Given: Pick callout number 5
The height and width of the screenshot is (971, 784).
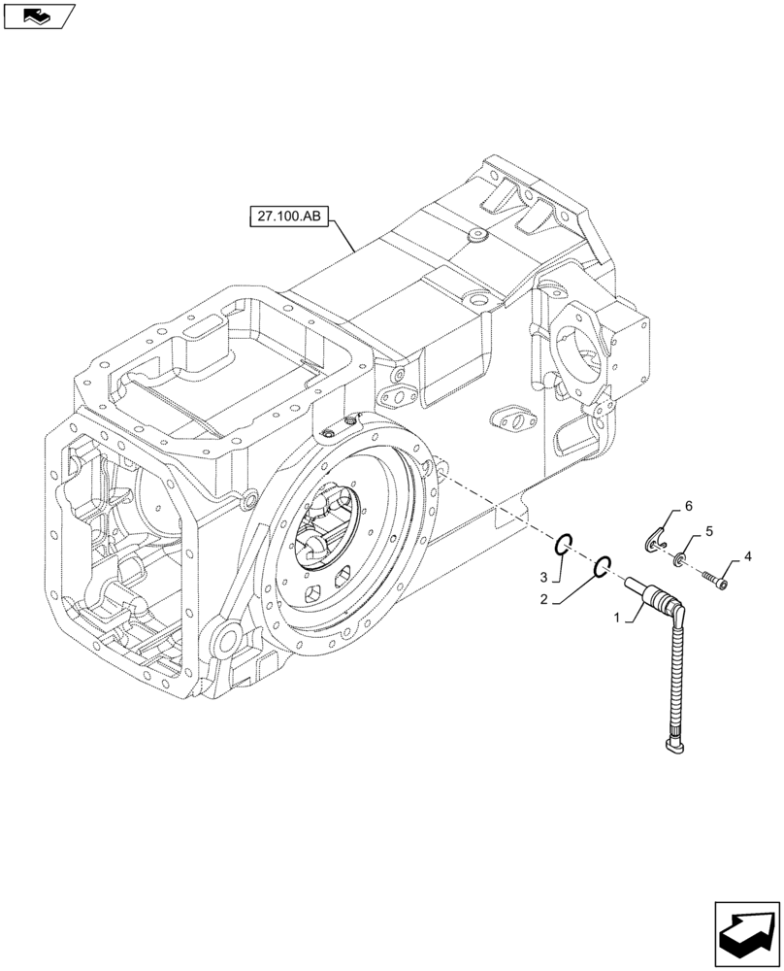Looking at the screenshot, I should pos(708,532).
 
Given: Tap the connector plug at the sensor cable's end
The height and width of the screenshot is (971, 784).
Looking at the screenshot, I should pos(673,745).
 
